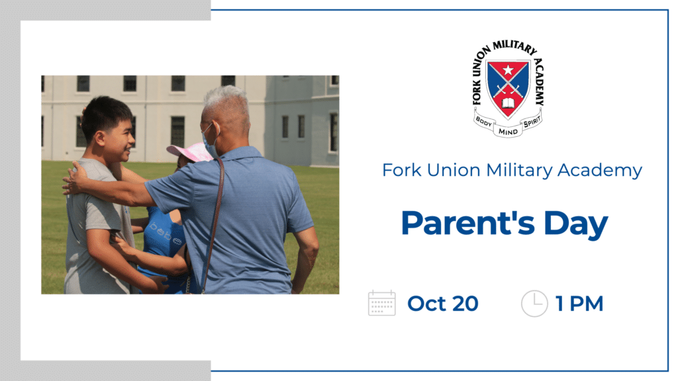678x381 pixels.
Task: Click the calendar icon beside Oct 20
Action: click(382, 303)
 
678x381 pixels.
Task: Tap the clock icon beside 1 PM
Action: click(534, 303)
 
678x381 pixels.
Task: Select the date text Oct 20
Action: click(443, 304)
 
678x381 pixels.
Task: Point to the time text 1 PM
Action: click(579, 304)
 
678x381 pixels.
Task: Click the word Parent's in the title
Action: click(468, 224)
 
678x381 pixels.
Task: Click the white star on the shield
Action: click(508, 69)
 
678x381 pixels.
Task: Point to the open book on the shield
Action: click(508, 103)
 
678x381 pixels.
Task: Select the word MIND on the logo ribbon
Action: click(508, 132)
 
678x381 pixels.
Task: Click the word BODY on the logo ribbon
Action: click(484, 122)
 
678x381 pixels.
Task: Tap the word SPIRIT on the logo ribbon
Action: click(532, 122)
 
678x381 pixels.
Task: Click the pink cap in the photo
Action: click(189, 151)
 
